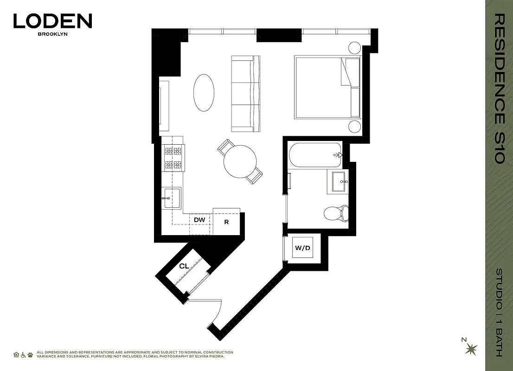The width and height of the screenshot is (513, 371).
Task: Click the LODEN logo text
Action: (x=52, y=21)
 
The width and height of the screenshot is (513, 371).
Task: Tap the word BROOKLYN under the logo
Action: (x=52, y=34)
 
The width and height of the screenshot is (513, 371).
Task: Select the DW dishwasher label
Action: (x=199, y=219)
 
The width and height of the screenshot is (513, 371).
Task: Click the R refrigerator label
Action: (x=226, y=222)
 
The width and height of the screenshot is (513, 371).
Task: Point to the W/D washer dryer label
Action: (x=302, y=248)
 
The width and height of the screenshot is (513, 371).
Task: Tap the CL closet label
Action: (x=184, y=266)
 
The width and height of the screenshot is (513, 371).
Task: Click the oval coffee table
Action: (x=204, y=93)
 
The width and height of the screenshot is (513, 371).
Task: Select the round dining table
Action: (x=240, y=161)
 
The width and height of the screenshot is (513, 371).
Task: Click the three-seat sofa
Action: (x=244, y=92)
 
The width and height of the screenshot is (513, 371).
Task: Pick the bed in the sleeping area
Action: (x=327, y=87)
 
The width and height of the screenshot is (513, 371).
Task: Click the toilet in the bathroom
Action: (x=335, y=213)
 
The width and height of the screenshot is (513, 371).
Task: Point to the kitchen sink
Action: (x=171, y=198)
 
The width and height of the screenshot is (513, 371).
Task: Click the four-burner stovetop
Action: (x=173, y=158)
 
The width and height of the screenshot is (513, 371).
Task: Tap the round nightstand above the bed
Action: (x=355, y=48)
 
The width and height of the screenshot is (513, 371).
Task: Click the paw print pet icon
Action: (x=30, y=354)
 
